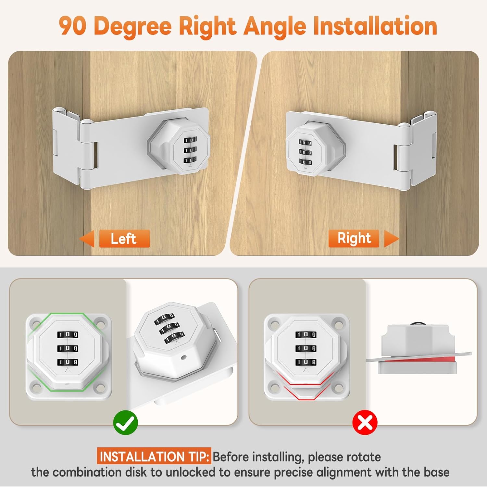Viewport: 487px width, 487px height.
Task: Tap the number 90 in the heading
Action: [x=72, y=26]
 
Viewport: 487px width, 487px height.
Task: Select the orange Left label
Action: [x=124, y=239]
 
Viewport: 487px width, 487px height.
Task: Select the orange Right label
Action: [x=354, y=238]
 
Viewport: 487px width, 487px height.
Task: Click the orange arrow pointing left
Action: [x=87, y=239]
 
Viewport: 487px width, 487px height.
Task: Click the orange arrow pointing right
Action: [x=392, y=239]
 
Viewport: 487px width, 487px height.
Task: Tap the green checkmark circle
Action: [x=126, y=422]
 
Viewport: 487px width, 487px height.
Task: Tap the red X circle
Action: [x=365, y=422]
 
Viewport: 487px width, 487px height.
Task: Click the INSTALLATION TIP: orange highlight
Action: [x=154, y=456]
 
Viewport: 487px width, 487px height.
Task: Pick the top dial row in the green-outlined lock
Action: [x=68, y=334]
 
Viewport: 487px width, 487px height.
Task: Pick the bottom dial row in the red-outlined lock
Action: [x=306, y=362]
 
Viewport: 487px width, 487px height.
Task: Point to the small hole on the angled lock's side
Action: [x=184, y=357]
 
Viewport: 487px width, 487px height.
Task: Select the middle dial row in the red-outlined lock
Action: [x=306, y=348]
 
